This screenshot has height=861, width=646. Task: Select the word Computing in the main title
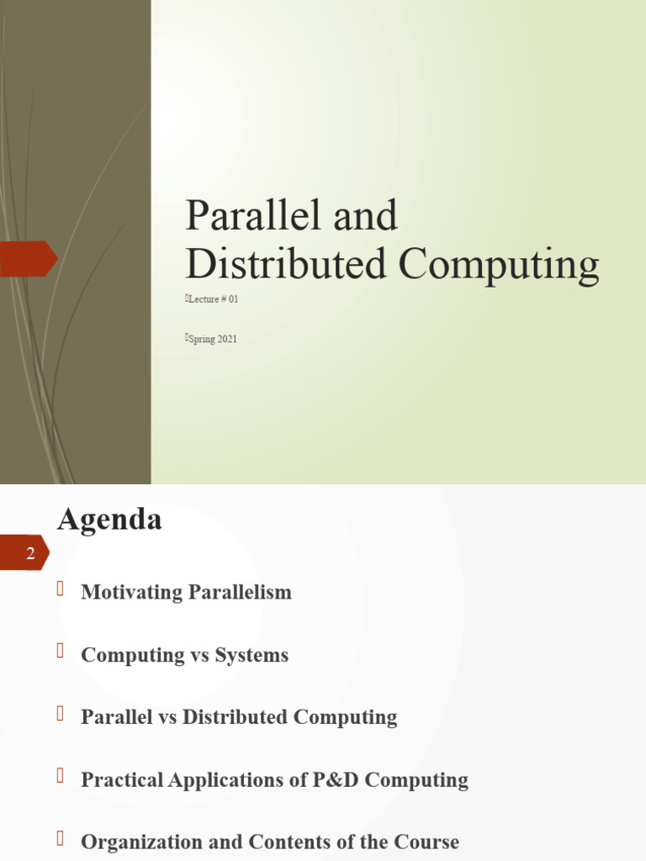(x=499, y=265)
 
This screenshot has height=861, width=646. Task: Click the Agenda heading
(x=109, y=519)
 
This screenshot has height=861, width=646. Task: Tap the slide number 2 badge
(x=29, y=553)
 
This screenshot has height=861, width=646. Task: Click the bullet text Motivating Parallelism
(x=186, y=592)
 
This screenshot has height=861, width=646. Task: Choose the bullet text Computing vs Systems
(x=184, y=655)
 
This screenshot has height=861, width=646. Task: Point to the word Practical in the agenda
(x=121, y=779)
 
